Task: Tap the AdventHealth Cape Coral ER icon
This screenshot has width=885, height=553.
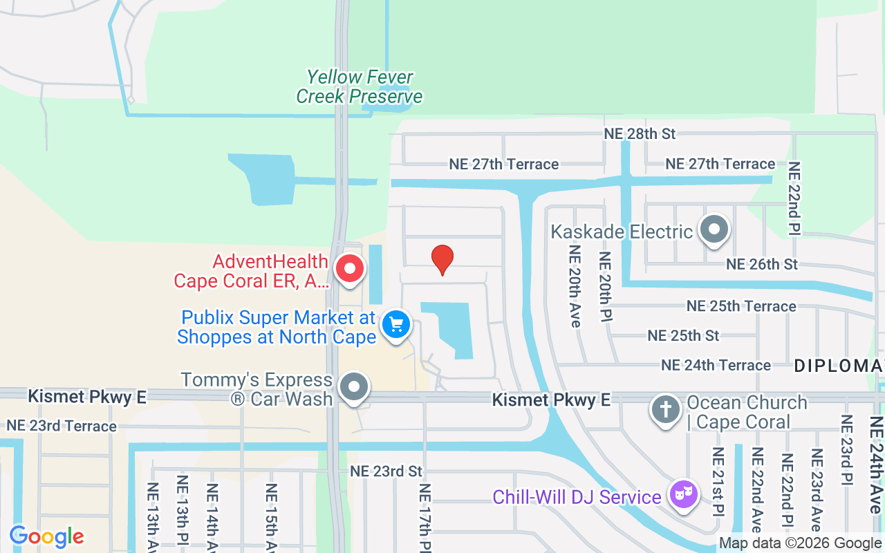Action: [349, 268]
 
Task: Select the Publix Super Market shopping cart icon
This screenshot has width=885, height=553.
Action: [396, 324]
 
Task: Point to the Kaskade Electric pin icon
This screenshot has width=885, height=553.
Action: [714, 228]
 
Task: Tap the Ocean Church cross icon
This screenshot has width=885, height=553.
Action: [666, 409]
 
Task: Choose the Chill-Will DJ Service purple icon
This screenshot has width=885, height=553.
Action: [683, 494]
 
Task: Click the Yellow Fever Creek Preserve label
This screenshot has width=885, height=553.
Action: [360, 86]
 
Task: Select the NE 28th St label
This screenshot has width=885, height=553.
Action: [640, 133]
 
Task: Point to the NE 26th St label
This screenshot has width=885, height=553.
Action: [762, 264]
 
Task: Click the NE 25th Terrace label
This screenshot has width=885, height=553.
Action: [741, 306]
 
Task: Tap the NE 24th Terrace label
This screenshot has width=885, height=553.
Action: [716, 365]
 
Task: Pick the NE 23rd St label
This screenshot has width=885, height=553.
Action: [386, 471]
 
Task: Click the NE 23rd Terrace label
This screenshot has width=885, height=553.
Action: [62, 426]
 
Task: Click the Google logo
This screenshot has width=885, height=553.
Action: [46, 536]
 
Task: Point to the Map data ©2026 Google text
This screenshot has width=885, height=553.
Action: [800, 543]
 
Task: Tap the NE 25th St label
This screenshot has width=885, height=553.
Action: [683, 335]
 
